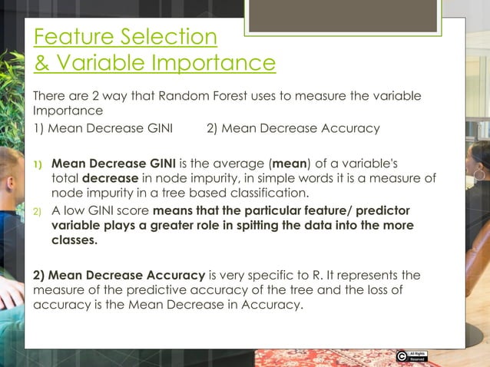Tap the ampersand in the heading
click(x=41, y=63)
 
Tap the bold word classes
click(x=74, y=240)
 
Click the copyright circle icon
click(x=402, y=356)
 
